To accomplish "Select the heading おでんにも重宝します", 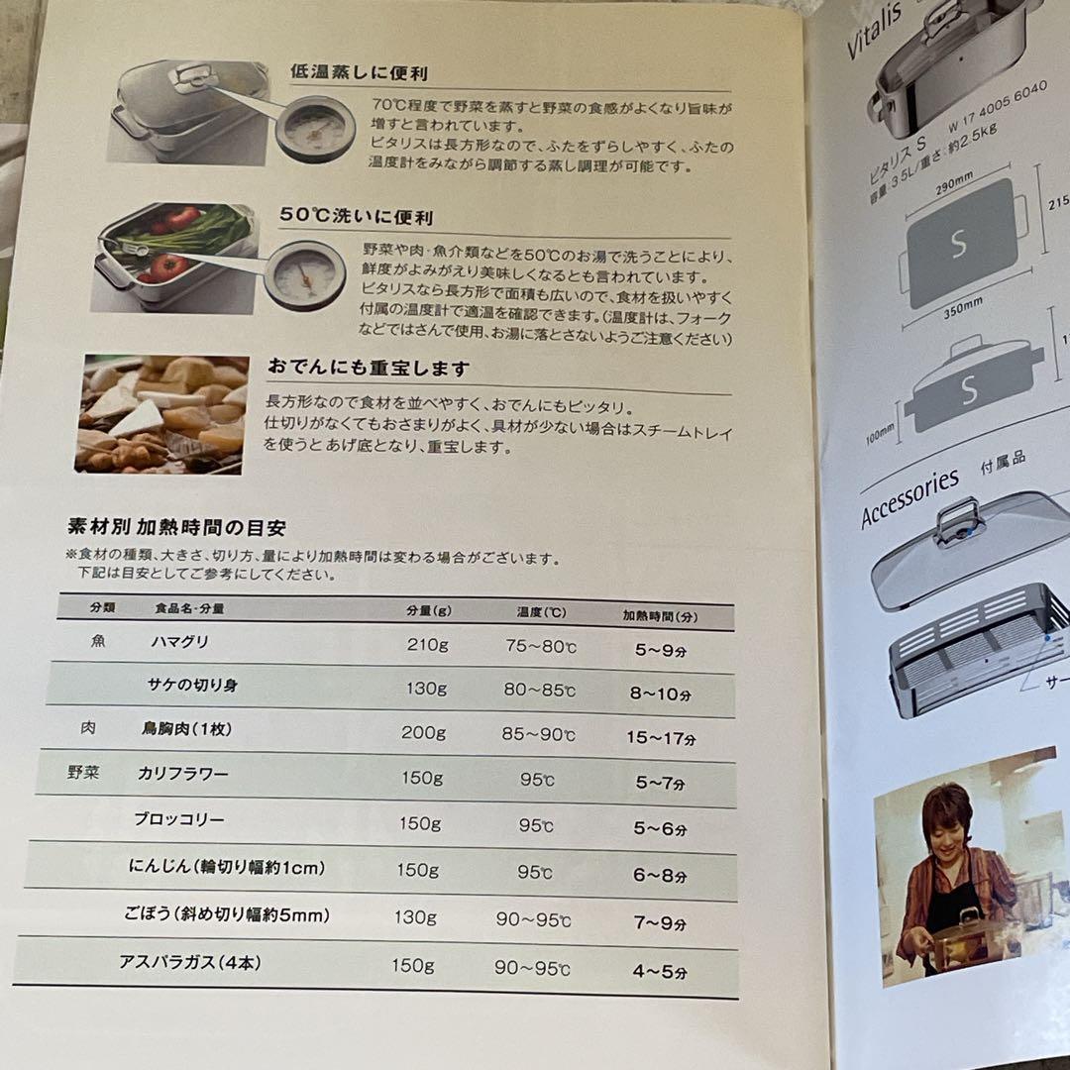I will click(368, 369).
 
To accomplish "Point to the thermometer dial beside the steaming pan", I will click(315, 128).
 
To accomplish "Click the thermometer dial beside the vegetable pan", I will click(304, 274).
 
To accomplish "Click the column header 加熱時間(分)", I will click(660, 615).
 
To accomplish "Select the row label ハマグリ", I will click(179, 641).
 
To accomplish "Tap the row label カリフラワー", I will click(182, 773).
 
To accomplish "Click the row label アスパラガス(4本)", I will click(190, 962).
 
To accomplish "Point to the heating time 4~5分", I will click(660, 971).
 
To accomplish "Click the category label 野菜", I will click(83, 772).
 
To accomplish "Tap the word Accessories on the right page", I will click(909, 497).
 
